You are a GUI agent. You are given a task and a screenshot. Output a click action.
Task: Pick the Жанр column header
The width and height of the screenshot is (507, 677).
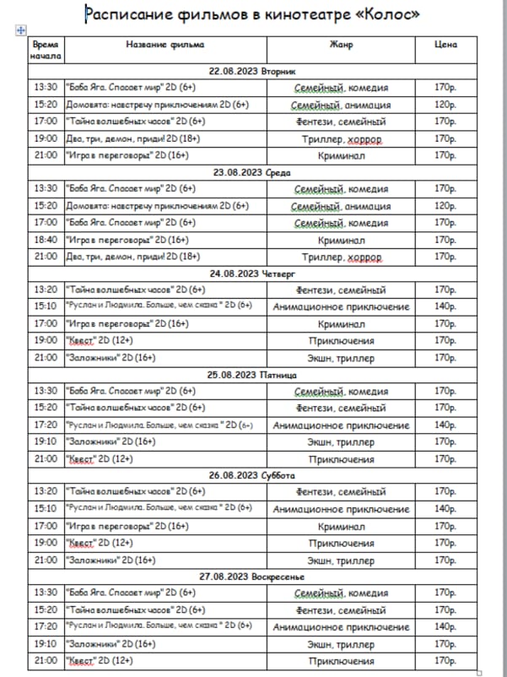(341, 44)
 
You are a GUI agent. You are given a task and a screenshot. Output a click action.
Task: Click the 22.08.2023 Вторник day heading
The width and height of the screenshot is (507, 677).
(252, 70)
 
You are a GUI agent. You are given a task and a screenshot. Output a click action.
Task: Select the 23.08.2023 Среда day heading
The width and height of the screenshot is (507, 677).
(252, 172)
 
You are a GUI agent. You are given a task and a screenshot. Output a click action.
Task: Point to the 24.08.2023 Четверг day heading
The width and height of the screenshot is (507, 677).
(252, 273)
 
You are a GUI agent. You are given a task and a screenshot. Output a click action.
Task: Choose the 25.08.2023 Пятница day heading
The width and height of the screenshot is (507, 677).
(252, 374)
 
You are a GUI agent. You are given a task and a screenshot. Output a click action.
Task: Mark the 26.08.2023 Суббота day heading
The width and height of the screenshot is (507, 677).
(252, 474)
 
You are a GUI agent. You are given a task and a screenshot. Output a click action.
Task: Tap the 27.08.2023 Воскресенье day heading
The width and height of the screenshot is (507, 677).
(252, 576)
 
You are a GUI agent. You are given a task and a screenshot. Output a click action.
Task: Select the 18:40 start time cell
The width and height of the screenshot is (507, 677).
(46, 240)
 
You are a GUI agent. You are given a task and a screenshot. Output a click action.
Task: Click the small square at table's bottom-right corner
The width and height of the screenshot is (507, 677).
(479, 672)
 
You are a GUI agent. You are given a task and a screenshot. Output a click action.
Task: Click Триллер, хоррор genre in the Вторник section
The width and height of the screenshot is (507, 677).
(341, 138)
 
